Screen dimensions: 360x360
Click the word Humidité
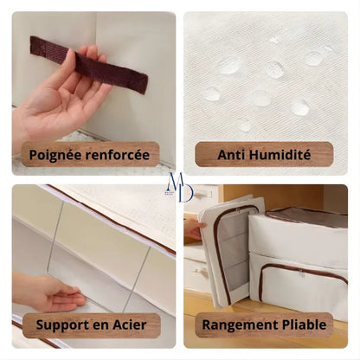point(280,155)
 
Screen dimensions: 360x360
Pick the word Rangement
point(240,325)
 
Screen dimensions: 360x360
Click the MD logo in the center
point(181,187)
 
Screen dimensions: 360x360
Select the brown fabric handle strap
point(89,64)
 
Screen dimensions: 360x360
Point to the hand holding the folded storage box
point(194,228)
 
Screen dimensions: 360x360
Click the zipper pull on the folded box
point(238,210)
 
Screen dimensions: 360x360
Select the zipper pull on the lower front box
point(302,273)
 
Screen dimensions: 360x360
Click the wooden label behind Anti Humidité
point(264,154)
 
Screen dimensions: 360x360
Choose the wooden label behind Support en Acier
point(92,325)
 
